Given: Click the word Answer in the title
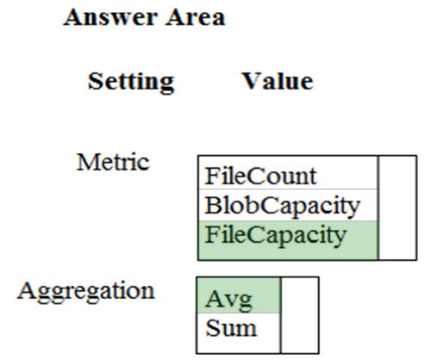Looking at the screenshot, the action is point(109,17).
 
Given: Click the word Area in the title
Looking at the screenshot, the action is point(196,17).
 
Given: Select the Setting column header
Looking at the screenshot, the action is point(131,83).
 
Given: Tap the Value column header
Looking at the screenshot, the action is point(278,81).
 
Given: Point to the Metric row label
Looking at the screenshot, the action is point(113,162).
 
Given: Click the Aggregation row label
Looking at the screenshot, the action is point(86,291).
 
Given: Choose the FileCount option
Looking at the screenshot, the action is point(260,176).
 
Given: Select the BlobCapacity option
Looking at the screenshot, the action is point(283,207).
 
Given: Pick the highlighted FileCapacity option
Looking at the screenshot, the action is point(276,236).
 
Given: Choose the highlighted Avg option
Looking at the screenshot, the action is point(229,300).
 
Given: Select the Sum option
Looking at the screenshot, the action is point(231,328).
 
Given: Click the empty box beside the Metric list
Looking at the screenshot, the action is point(397,208).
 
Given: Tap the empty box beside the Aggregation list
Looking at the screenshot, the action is point(300,315).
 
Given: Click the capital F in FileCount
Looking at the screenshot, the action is point(211,176).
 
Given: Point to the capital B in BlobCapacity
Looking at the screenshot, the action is point(213,205).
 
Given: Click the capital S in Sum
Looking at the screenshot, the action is point(212,328).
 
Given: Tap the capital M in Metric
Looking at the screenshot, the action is point(87,162).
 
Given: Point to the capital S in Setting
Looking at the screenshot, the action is point(95,81).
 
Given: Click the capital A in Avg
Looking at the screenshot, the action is point(216,299).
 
